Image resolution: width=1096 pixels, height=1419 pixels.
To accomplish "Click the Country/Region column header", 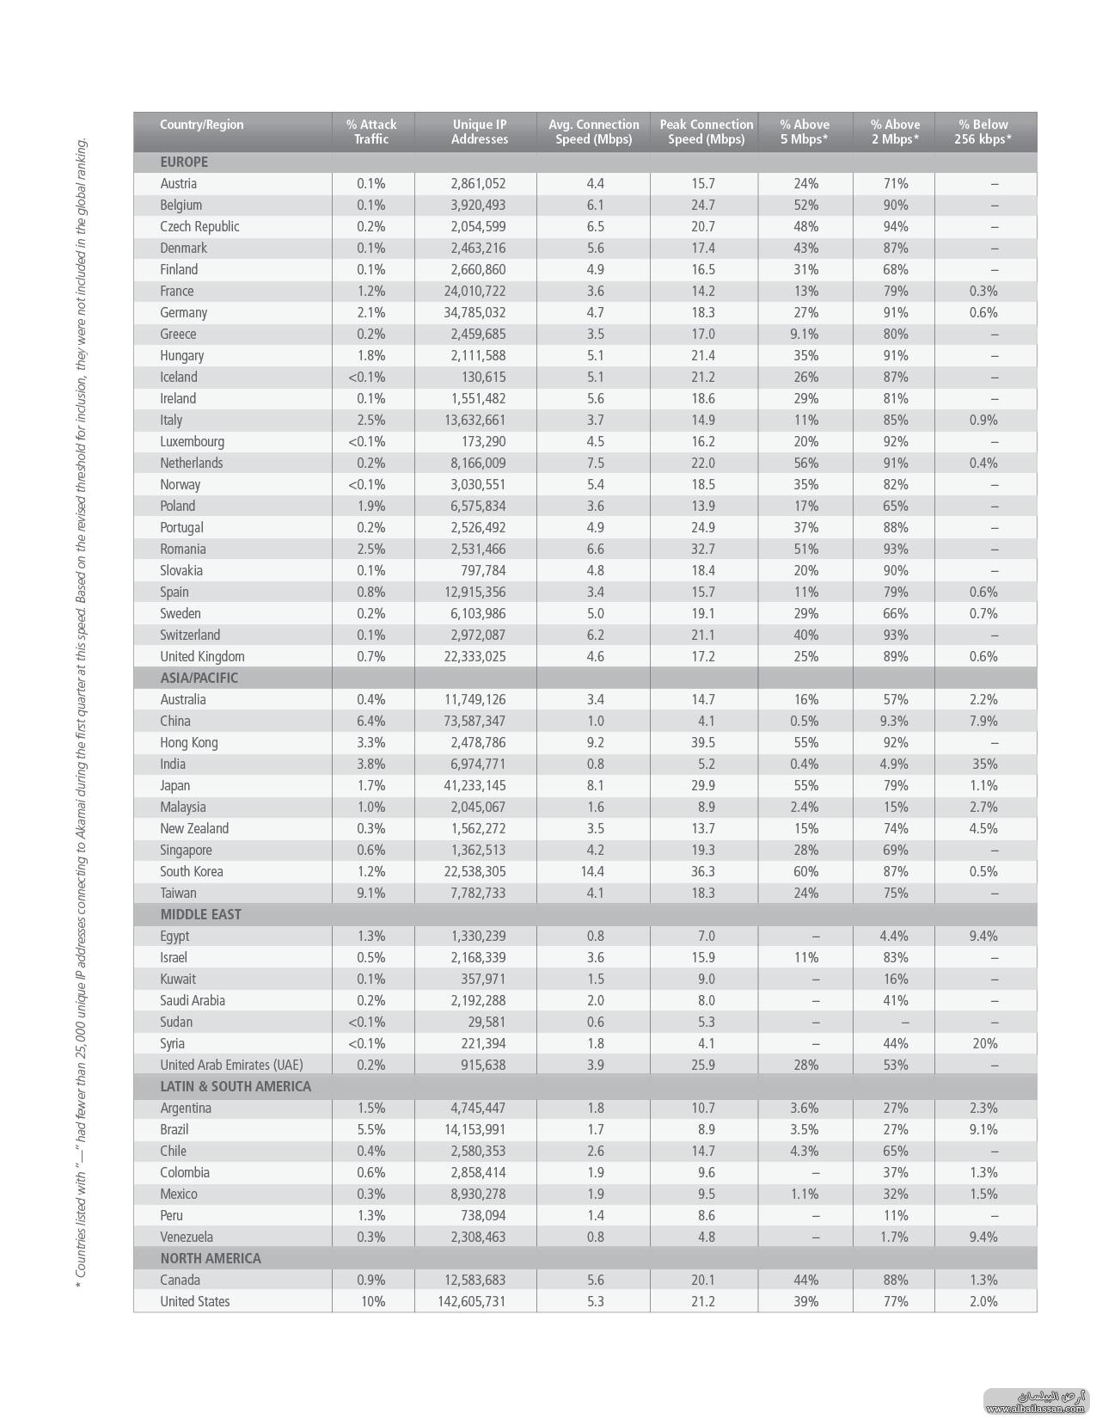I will pos(201,125).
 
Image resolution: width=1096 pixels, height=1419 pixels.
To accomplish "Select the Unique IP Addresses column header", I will pos(479,132).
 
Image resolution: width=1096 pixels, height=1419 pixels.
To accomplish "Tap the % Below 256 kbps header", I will pos(983,132).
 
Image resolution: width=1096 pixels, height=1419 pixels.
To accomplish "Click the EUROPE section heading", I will pos(184,162).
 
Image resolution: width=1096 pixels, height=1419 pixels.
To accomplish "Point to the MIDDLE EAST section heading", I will pos(200,914).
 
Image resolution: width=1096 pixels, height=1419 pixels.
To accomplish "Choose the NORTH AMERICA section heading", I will pos(210,1258).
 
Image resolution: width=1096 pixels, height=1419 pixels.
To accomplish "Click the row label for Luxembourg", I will pos(192,441).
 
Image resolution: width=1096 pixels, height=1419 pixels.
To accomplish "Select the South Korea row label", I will pos(191,871).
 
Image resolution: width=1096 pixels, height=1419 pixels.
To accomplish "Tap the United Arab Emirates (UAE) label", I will pos(231,1065).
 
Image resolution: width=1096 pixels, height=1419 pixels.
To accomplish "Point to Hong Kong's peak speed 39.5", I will pos(702,742).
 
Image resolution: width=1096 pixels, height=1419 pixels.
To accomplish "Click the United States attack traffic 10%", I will pos(372,1301).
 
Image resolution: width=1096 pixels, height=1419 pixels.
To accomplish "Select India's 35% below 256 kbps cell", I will pos(984,764).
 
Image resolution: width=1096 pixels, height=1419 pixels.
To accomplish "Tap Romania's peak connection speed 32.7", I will pos(702,549).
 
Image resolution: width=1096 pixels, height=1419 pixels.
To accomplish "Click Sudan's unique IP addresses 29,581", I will pos(487,1022).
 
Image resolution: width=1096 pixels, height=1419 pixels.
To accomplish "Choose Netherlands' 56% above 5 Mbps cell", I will pos(805,463).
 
